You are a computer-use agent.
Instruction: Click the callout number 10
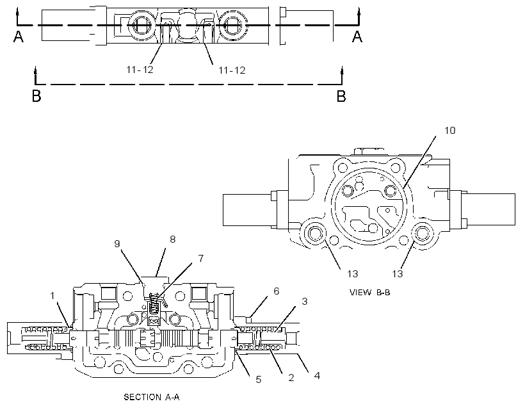pyautogui.click(x=449, y=130)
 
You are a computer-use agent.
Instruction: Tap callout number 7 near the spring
pyautogui.click(x=201, y=258)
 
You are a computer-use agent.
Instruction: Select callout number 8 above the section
pyautogui.click(x=173, y=239)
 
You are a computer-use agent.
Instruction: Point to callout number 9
pyautogui.click(x=117, y=243)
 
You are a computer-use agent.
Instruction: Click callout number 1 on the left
pyautogui.click(x=52, y=295)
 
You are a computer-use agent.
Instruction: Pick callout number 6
pyautogui.click(x=276, y=291)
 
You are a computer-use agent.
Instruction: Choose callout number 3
pyautogui.click(x=304, y=301)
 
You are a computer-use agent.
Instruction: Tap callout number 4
pyautogui.click(x=317, y=375)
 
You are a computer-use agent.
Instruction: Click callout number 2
pyautogui.click(x=291, y=378)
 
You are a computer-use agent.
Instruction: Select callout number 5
pyautogui.click(x=259, y=380)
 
